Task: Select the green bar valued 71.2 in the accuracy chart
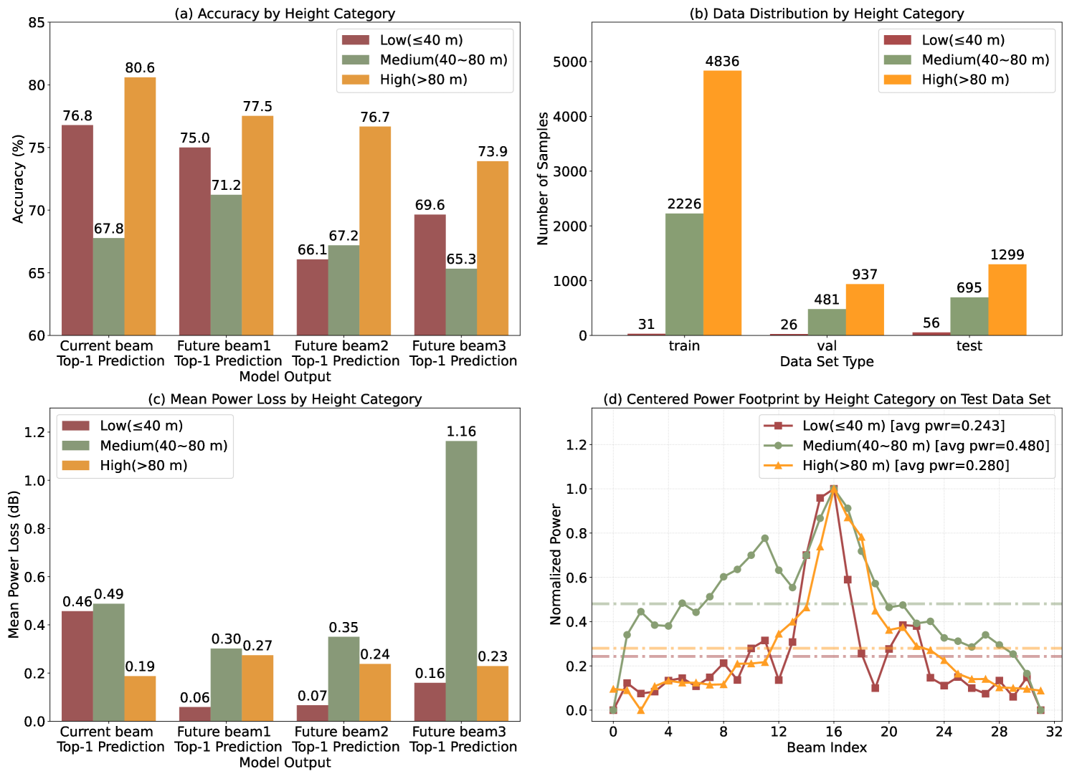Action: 226,265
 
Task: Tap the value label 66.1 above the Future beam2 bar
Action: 313,250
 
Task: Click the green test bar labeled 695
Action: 969,316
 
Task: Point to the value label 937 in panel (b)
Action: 865,274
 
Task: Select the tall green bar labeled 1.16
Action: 461,580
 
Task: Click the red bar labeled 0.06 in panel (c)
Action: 195,714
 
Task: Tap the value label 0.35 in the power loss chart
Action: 343,628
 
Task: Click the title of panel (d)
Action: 827,399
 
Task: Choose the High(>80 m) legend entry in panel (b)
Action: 965,80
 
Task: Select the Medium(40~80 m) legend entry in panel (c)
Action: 163,446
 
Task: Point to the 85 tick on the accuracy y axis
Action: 37,22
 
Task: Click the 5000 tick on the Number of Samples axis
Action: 570,62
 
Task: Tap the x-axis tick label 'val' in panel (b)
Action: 827,346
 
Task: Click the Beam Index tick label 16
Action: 833,732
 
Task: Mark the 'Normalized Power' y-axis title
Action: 556,564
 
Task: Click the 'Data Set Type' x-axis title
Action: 827,362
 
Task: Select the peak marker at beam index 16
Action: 833,489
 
